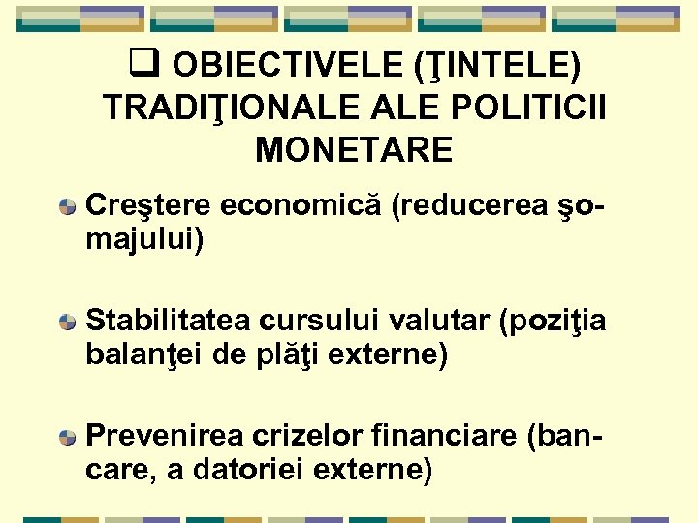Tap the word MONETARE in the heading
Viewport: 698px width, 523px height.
tap(354, 150)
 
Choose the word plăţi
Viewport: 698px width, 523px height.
tap(291, 354)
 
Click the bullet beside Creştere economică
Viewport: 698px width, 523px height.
tap(67, 207)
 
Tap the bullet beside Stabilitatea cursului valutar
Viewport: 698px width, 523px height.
tap(67, 322)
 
